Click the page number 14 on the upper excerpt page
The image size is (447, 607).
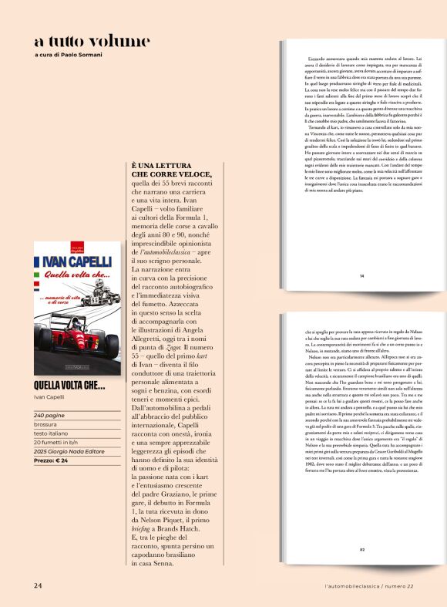point(361,275)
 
